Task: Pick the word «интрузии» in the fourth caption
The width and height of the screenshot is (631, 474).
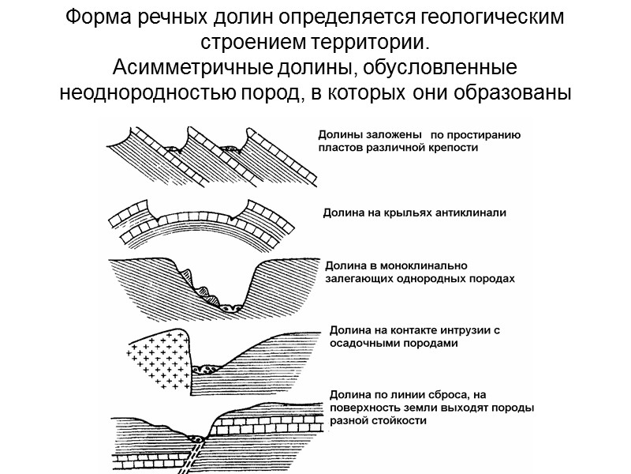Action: point(465,330)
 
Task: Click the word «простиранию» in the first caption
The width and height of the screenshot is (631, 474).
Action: point(486,134)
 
